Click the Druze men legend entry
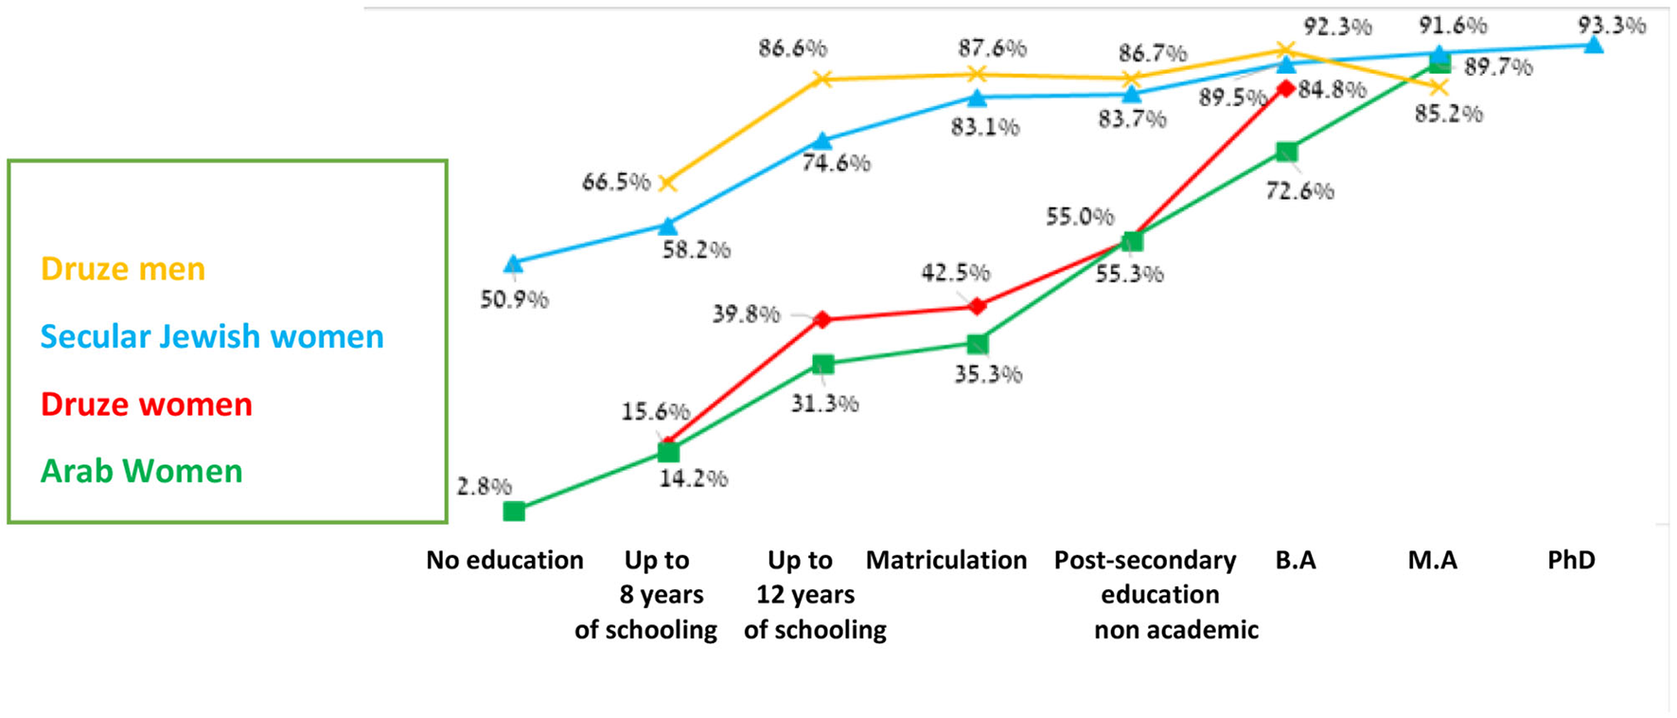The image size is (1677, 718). tap(123, 269)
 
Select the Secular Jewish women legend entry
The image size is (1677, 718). tap(212, 336)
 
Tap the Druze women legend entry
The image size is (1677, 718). tap(147, 404)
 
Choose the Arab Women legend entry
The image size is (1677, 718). tap(142, 471)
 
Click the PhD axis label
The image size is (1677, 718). tap(1571, 560)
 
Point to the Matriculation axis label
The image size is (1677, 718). tap(946, 560)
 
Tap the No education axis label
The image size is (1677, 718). tap(504, 560)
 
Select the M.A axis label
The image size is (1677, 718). tap(1432, 560)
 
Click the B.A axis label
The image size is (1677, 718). tap(1296, 560)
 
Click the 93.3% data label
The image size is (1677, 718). tap(1612, 26)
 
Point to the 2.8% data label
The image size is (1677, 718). tap(484, 487)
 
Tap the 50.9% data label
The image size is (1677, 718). tap(514, 300)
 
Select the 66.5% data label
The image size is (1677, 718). tap(616, 182)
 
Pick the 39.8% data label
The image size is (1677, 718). tap(746, 314)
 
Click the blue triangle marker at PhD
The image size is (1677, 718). tap(1594, 45)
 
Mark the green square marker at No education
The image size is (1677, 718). tap(514, 512)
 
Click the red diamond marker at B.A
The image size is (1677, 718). tap(1285, 88)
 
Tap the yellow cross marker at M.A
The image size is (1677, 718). tap(1439, 87)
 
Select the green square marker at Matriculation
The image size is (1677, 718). tap(978, 344)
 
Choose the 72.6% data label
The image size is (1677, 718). tap(1299, 191)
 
